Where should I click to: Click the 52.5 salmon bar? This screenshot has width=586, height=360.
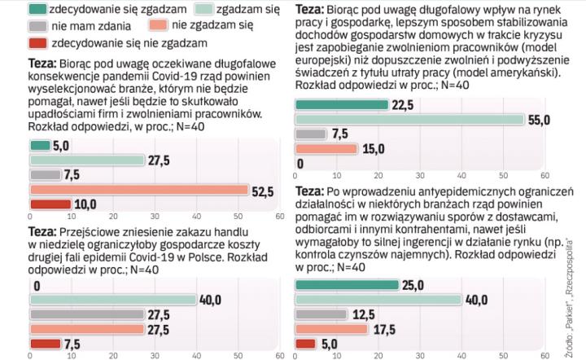[138, 190]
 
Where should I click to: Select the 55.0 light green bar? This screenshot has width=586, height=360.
[409, 120]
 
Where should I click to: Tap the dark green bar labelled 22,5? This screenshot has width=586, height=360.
[341, 105]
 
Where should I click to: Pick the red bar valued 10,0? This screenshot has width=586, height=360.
[50, 204]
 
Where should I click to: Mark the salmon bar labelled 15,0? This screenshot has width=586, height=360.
[326, 149]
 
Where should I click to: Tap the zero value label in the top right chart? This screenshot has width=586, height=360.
[301, 164]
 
